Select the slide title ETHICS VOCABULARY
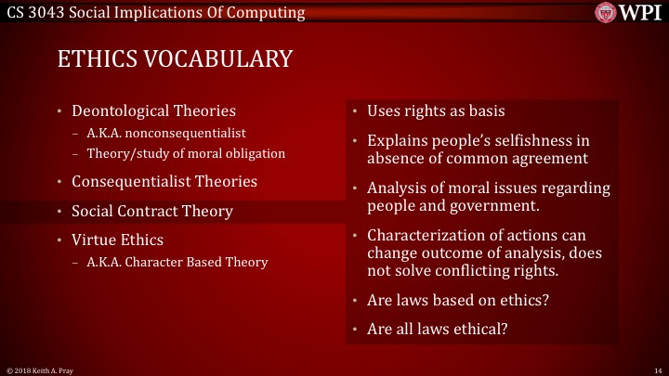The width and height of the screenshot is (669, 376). (x=175, y=58)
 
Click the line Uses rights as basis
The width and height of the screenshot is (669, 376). (x=436, y=111)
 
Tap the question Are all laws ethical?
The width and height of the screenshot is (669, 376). (x=437, y=329)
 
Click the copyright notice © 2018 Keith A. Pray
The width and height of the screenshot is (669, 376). (x=41, y=370)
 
